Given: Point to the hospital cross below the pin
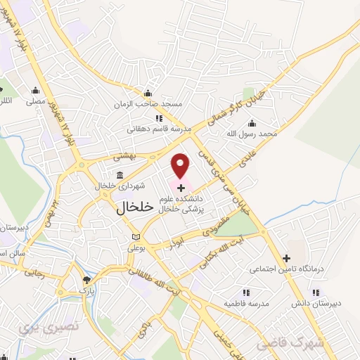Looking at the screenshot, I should (181, 187).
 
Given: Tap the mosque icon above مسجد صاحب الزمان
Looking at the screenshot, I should (148, 94).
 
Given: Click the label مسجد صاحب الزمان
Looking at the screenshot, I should (148, 105).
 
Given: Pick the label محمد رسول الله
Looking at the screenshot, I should (257, 132).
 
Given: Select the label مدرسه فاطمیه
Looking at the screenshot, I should (247, 303).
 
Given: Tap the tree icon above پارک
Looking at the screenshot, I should (86, 279).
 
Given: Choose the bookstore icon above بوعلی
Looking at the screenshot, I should (136, 237).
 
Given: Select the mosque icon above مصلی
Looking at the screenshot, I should (36, 90).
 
